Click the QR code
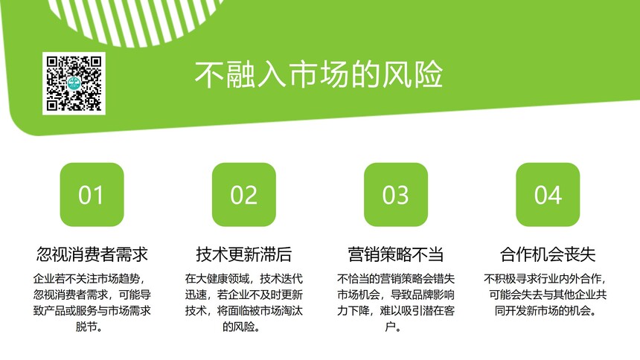[x=74, y=83]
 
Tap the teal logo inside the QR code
[x=74, y=83]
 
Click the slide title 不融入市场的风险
[x=319, y=74]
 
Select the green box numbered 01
[x=92, y=194]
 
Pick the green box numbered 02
[x=243, y=194]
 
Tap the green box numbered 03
[x=396, y=194]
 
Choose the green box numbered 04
[x=548, y=194]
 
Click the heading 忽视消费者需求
[x=92, y=254]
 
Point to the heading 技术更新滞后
[x=243, y=254]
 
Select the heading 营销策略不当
[x=396, y=254]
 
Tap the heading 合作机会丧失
[x=548, y=254]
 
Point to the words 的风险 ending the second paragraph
[x=238, y=327]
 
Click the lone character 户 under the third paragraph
[x=391, y=327]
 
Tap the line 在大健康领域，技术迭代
[x=243, y=279]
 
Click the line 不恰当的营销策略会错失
[x=396, y=279]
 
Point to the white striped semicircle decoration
[x=135, y=20]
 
